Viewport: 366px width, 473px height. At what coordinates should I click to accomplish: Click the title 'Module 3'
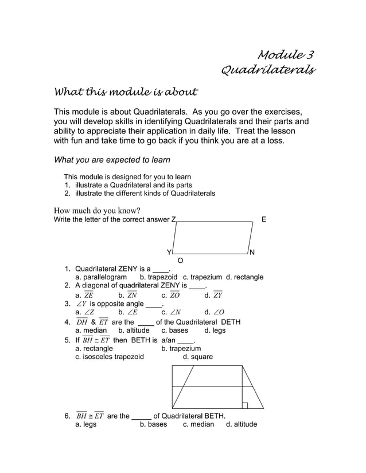point(286,55)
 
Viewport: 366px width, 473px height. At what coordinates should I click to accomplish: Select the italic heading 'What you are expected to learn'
point(112,160)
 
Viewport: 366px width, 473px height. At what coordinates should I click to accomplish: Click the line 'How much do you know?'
point(97,210)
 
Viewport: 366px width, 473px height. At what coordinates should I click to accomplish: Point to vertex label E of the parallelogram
point(263,219)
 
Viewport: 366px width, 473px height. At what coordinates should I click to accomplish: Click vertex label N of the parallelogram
point(252,253)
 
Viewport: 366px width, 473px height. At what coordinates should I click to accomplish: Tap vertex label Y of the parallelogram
point(169,253)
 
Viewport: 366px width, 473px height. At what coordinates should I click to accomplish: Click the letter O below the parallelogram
point(180,261)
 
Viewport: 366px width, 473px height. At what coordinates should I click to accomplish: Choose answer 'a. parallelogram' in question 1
point(101,277)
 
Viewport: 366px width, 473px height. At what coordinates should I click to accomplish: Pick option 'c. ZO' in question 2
point(170,295)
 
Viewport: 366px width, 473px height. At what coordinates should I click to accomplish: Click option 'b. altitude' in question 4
point(134,330)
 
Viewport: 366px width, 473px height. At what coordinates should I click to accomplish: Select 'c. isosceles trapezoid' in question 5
point(110,357)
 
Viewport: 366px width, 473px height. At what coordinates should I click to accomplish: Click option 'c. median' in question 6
point(198,424)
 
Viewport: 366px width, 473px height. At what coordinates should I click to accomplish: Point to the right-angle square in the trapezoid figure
point(245,405)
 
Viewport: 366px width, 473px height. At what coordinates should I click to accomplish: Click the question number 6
point(67,416)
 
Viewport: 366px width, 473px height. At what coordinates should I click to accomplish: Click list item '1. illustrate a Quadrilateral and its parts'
point(128,185)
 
